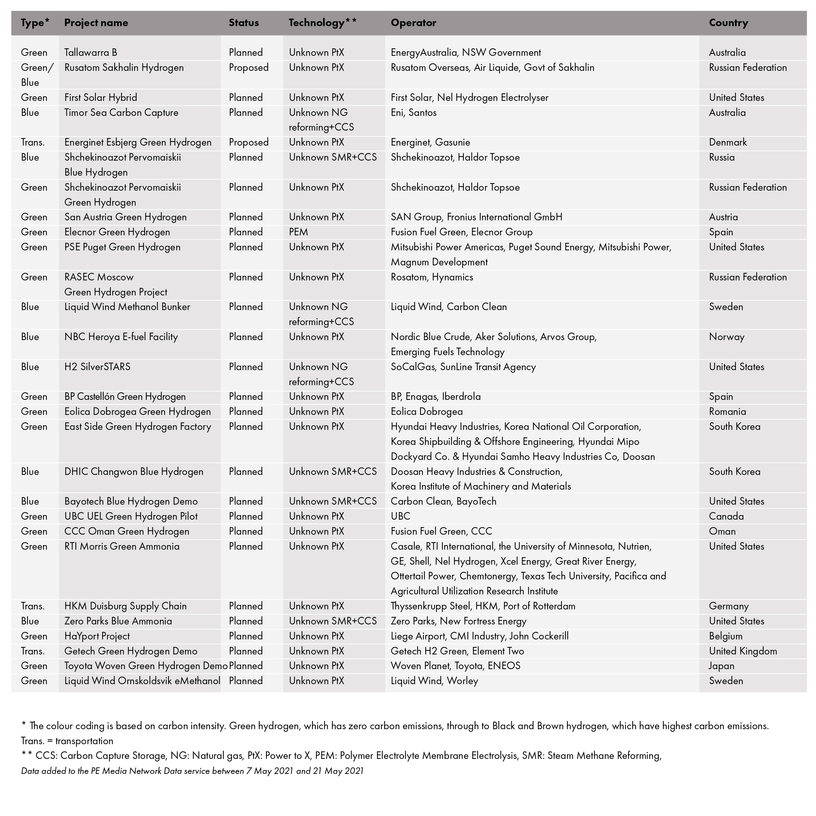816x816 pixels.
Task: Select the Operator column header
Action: point(414,23)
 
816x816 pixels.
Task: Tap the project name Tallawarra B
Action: point(91,52)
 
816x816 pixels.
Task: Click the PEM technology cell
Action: point(299,232)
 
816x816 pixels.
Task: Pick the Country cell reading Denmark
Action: point(728,142)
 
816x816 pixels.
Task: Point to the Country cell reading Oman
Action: point(722,531)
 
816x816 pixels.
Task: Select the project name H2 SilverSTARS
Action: point(98,367)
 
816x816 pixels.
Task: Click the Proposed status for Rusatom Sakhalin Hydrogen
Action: point(249,68)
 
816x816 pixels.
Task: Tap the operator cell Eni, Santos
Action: point(414,112)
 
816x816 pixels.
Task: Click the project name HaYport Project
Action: point(97,636)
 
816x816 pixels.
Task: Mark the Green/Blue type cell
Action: point(37,75)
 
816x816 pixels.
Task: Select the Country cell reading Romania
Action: point(727,411)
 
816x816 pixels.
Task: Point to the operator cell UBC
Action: point(400,516)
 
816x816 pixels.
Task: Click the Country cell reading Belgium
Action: point(726,636)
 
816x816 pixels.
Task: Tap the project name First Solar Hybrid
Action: point(101,98)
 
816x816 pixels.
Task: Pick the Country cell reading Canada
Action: point(727,516)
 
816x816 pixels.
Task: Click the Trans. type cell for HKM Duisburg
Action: point(33,606)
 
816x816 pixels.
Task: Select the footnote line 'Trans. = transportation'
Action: point(67,741)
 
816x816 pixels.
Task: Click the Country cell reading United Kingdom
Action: point(743,651)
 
